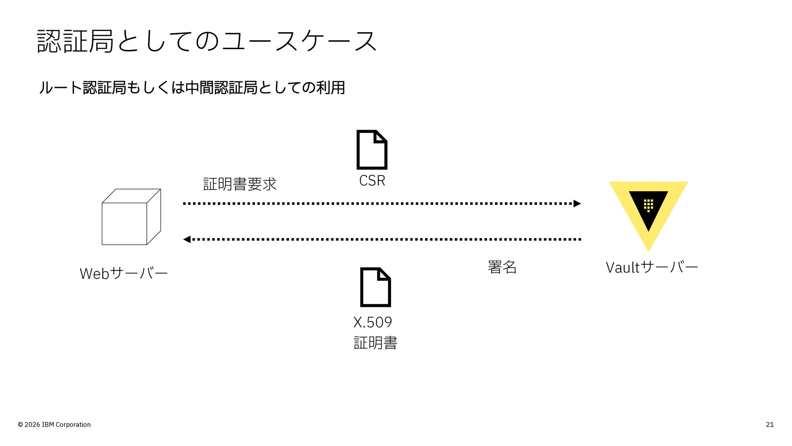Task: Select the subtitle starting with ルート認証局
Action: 192,88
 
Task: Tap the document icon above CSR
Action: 372,150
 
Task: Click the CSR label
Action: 372,180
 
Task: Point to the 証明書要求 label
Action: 240,184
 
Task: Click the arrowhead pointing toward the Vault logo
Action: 577,204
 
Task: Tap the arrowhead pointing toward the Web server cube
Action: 187,240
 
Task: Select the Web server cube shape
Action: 131,217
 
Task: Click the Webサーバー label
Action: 124,273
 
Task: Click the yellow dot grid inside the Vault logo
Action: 648,205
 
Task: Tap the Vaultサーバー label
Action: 652,267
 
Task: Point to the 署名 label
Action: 502,267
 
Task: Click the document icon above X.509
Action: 375,287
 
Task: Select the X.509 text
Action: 372,322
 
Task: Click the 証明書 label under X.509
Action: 375,343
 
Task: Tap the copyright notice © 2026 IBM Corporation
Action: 54,425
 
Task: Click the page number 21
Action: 770,425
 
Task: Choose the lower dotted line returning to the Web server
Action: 382,240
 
